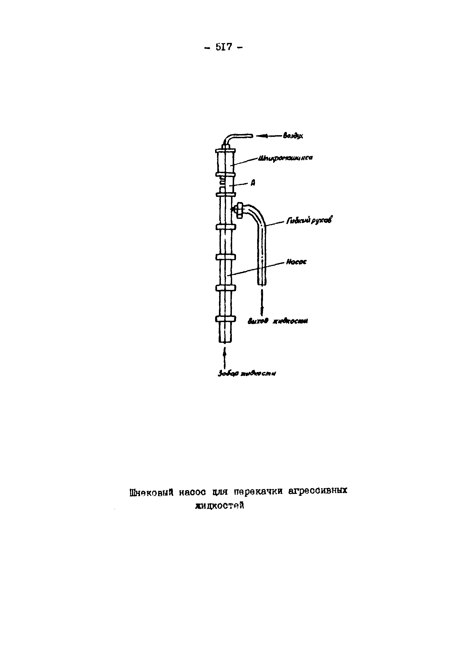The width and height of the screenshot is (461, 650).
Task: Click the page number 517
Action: coord(224,47)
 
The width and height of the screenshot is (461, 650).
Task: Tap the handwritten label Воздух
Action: coord(293,136)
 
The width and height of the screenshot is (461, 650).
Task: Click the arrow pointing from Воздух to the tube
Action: coord(268,136)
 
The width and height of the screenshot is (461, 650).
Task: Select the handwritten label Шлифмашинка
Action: coord(285,158)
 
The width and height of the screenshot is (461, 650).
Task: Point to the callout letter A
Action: coord(253,183)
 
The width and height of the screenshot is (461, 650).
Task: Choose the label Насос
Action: coord(296,262)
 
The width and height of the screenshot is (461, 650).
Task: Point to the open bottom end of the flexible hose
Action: coord(262,284)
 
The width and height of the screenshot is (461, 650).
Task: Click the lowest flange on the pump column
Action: coord(225,319)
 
